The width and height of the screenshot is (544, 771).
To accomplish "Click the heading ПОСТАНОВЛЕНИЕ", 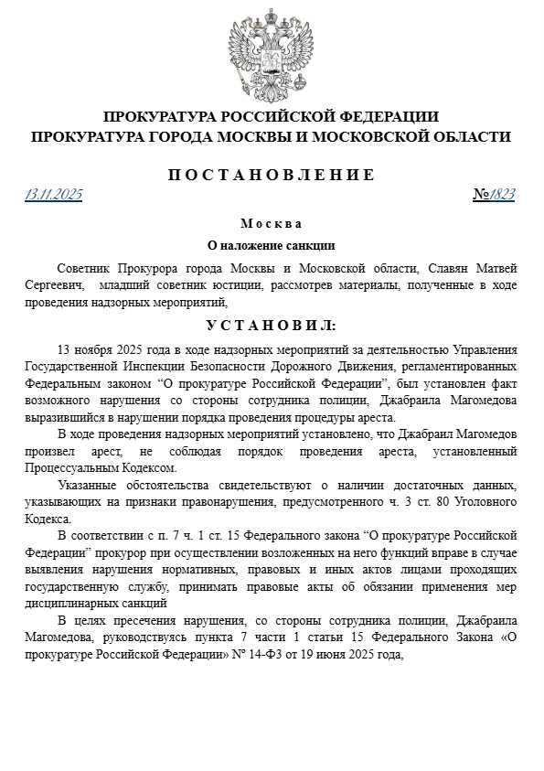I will click(x=272, y=175).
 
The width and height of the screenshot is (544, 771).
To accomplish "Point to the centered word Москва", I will click(x=272, y=224).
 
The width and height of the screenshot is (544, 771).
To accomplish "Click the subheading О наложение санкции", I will click(x=272, y=245).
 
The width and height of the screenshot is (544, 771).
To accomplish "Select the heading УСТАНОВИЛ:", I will click(x=272, y=325).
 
